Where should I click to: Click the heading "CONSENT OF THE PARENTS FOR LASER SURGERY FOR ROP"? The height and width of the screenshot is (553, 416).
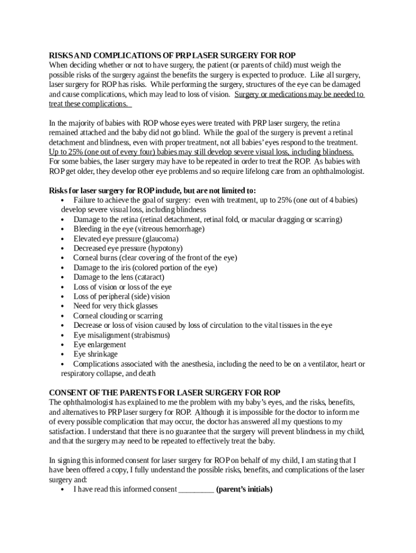point(164,393)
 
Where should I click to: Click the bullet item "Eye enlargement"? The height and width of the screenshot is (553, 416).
point(99,345)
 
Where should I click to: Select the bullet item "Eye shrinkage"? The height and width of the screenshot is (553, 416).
point(95,354)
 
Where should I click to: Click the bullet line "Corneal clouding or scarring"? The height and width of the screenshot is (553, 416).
point(117,316)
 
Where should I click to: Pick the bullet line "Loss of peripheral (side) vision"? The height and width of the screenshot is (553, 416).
point(121,296)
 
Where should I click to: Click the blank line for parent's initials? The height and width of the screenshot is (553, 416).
point(196,490)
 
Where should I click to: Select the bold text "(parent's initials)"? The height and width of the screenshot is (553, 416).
point(244,490)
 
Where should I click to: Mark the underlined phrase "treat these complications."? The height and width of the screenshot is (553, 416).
point(89,104)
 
